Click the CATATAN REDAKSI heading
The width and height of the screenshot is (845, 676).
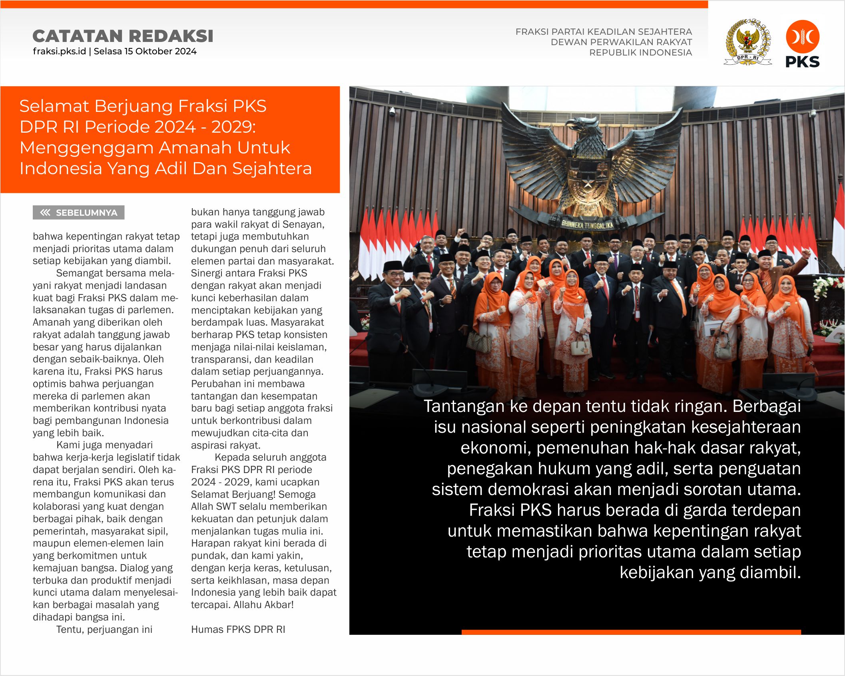123,36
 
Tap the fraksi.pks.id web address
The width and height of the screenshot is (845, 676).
59,52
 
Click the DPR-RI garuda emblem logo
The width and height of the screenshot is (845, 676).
747,42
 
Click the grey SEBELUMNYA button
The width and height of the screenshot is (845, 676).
78,213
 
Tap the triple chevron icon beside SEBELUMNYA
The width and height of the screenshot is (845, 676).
45,213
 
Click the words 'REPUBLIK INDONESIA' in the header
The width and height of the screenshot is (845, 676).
640,52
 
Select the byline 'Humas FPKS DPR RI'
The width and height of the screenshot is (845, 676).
238,630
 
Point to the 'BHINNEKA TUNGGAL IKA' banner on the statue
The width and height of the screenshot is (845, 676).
587,225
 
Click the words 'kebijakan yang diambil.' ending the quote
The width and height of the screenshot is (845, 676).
710,573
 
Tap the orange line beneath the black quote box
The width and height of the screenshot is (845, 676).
631,632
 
